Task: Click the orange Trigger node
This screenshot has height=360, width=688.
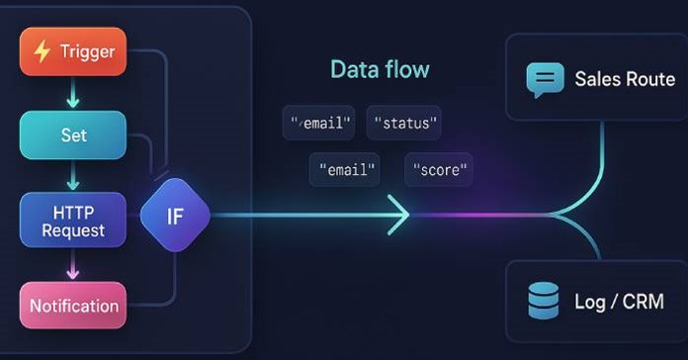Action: [72, 51]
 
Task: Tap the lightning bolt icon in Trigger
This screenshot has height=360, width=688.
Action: [42, 52]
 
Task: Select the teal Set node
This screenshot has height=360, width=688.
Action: [72, 135]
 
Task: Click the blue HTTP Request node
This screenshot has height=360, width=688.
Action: [72, 220]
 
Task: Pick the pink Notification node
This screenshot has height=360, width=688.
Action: [72, 306]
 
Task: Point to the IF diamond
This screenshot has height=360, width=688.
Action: [175, 216]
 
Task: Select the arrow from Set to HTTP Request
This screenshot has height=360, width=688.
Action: [72, 177]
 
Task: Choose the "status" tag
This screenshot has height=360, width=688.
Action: [403, 124]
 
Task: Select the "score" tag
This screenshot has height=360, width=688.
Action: [439, 169]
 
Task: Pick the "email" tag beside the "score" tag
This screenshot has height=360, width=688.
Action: [344, 169]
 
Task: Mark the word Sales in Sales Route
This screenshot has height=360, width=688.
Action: [596, 79]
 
